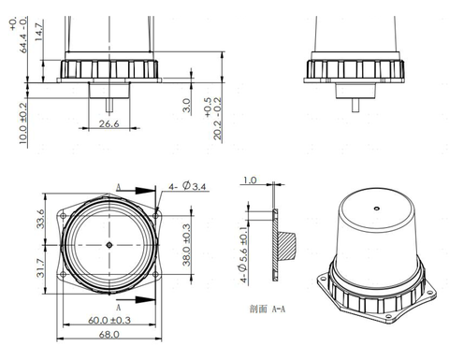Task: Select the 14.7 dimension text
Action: pyautogui.click(x=39, y=30)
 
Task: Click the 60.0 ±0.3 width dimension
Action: pyautogui.click(x=109, y=321)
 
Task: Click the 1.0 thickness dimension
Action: pyautogui.click(x=249, y=180)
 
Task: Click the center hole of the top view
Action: pyautogui.click(x=109, y=245)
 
